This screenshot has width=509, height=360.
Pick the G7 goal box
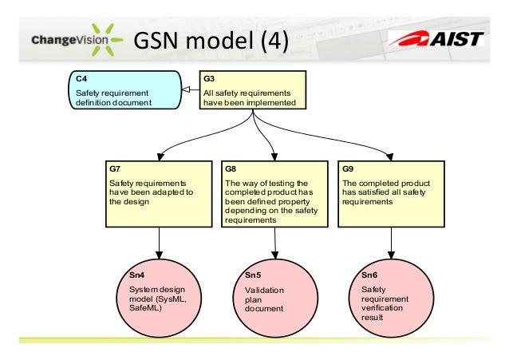[160, 193]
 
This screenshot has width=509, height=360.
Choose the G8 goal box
[275, 193]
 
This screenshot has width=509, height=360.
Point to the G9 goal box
[390, 193]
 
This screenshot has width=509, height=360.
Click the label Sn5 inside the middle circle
[253, 275]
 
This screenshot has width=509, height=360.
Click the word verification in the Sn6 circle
[382, 307]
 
